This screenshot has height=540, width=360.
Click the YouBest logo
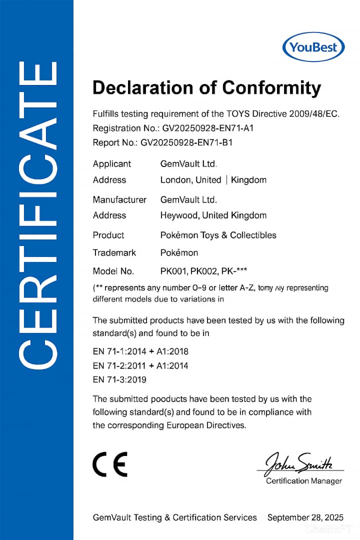click(313, 48)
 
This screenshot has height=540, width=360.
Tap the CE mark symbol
click(110, 464)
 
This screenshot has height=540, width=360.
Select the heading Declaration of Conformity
click(206, 87)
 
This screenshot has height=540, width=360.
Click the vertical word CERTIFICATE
click(36, 215)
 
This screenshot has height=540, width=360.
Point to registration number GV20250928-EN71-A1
click(208, 128)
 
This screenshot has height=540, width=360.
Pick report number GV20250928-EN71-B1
click(186, 142)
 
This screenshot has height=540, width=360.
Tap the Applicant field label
click(111, 163)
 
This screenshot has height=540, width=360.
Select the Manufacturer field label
click(119, 199)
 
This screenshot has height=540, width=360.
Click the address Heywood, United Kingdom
click(213, 215)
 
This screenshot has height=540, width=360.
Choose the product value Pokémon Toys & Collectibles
click(218, 235)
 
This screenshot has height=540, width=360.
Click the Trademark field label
click(114, 252)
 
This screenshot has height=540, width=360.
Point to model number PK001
click(172, 271)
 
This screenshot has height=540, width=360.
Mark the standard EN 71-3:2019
click(119, 379)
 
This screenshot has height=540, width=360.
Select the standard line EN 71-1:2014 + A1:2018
click(140, 351)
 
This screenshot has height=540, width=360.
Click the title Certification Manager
click(304, 481)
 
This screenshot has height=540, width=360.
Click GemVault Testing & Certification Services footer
click(174, 517)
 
